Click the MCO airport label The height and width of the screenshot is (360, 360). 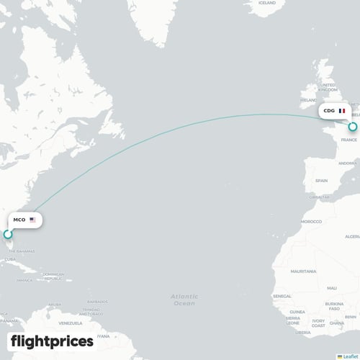coord(19,220)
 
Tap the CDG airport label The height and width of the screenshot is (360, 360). coord(329,112)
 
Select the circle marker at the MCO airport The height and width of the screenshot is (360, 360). coord(8,234)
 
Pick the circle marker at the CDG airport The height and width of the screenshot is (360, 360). coord(353,127)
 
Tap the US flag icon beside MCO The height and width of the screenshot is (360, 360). coord(33,220)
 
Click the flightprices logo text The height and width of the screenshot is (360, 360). coord(52,341)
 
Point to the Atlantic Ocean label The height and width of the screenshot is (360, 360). coord(183,300)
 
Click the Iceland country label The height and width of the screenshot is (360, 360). coord(267,3)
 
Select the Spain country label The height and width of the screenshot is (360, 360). coord(321,180)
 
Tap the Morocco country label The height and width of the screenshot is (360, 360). coord(311,221)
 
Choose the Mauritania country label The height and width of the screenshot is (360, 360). coord(303,271)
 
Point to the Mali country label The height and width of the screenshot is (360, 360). coord(331,287)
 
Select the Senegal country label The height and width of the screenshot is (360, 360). coord(282,296)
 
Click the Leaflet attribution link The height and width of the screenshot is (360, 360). coord(349,355)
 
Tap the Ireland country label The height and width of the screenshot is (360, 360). coord(310,99)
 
